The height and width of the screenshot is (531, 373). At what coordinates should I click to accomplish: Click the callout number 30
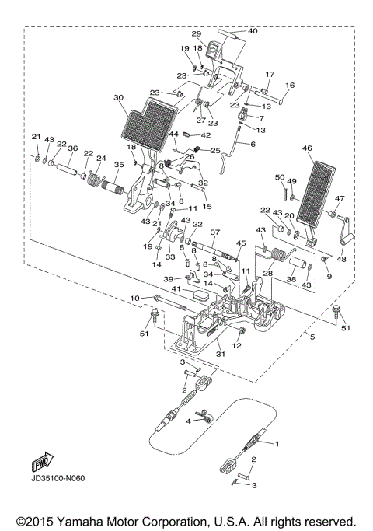pyautogui.click(x=118, y=98)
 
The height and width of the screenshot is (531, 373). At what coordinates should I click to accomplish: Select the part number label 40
pyautogui.click(x=253, y=31)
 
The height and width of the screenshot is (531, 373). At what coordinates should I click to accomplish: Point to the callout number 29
pyautogui.click(x=197, y=33)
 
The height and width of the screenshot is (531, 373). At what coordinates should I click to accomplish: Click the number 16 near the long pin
pyautogui.click(x=290, y=85)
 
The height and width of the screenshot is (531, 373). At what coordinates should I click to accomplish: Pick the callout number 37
pyautogui.click(x=215, y=232)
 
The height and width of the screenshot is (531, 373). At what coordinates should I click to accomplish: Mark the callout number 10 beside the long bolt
pyautogui.click(x=134, y=298)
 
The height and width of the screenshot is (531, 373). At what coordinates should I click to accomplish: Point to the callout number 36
pyautogui.click(x=72, y=148)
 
